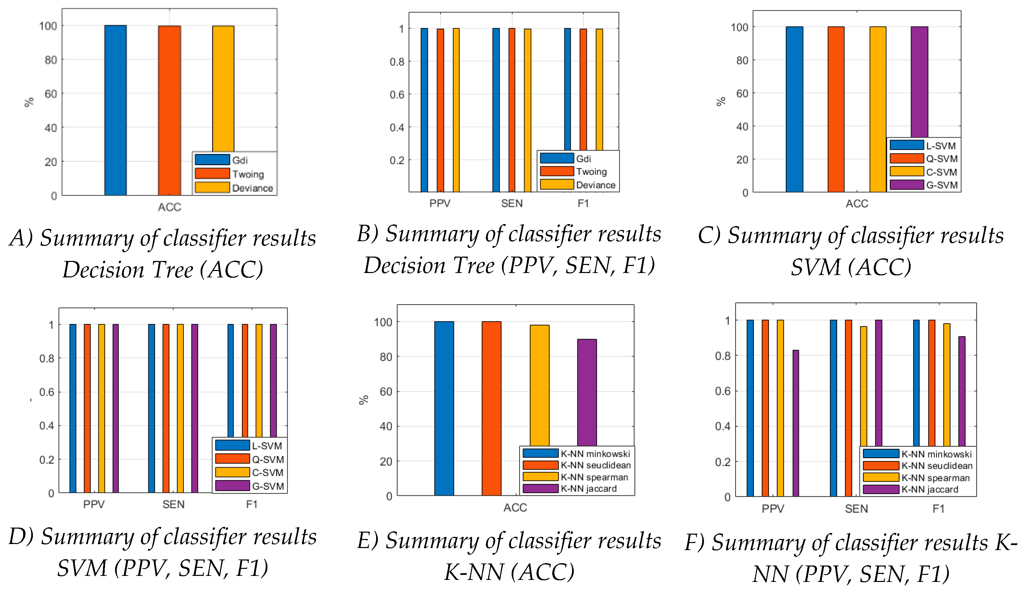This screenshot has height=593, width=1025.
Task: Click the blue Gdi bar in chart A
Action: pos(115,110)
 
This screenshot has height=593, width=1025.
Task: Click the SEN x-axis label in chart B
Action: pos(511,203)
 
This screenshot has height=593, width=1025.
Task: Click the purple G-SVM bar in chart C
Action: pos(919,82)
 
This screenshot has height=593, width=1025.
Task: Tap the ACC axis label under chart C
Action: pos(857,203)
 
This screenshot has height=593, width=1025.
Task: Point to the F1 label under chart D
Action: pos(251,504)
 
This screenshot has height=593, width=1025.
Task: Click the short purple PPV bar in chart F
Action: pos(795,423)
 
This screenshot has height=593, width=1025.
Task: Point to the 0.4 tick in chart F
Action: pos(722,426)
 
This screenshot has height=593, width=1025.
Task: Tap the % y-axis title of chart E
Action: pos(363,399)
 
